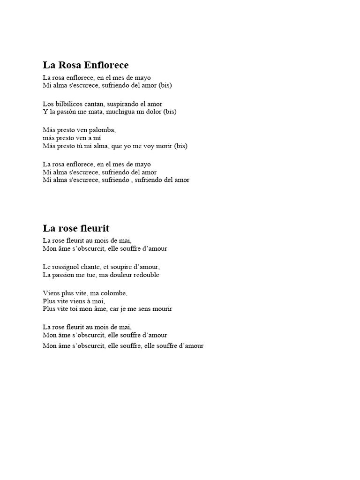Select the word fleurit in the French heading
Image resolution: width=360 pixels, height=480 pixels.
[93, 228]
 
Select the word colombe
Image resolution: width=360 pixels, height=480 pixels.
[113, 293]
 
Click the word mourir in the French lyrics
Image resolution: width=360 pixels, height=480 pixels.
[162, 309]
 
